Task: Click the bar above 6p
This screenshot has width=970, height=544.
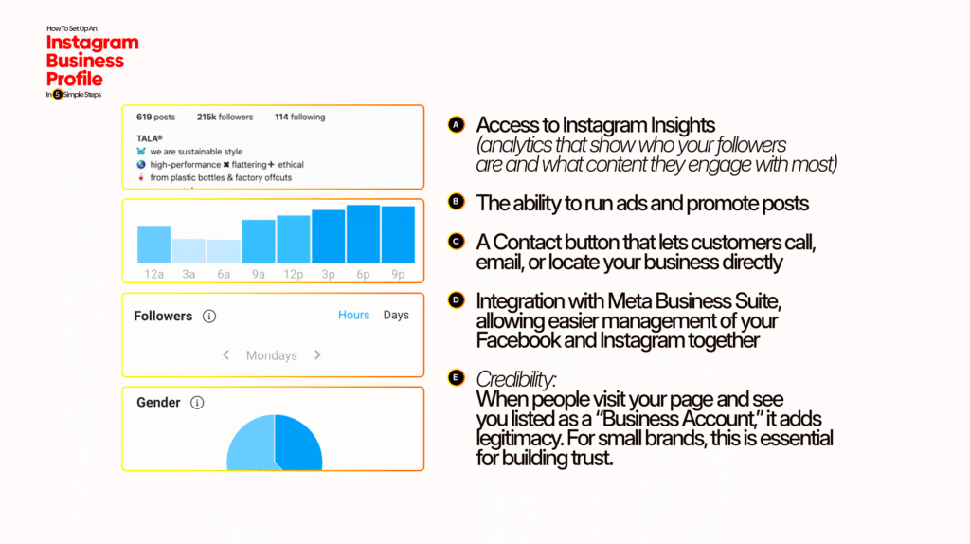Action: click(x=363, y=234)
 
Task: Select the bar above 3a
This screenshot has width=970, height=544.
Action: click(x=189, y=251)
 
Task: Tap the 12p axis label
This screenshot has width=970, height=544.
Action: click(x=294, y=274)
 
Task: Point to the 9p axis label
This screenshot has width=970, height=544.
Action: click(x=398, y=274)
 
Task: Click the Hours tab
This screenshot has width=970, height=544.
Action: click(x=353, y=315)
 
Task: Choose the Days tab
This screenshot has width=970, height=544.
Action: click(x=396, y=315)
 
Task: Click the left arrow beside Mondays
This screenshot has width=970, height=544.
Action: click(x=226, y=355)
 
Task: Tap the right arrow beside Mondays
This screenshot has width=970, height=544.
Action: click(x=317, y=355)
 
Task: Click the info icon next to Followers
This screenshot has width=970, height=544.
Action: click(x=209, y=317)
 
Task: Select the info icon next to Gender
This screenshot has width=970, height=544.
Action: click(x=197, y=403)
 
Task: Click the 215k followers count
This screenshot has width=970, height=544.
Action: click(x=225, y=118)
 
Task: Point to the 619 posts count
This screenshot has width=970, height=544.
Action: click(x=156, y=118)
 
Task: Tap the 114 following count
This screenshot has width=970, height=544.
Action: click(x=299, y=118)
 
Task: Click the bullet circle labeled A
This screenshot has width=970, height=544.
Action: click(x=456, y=125)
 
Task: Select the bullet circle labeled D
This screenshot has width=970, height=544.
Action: click(x=456, y=299)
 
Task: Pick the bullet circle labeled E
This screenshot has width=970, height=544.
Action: click(x=456, y=378)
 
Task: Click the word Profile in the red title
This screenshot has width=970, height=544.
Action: click(x=75, y=78)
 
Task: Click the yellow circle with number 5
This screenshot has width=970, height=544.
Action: click(x=58, y=95)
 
